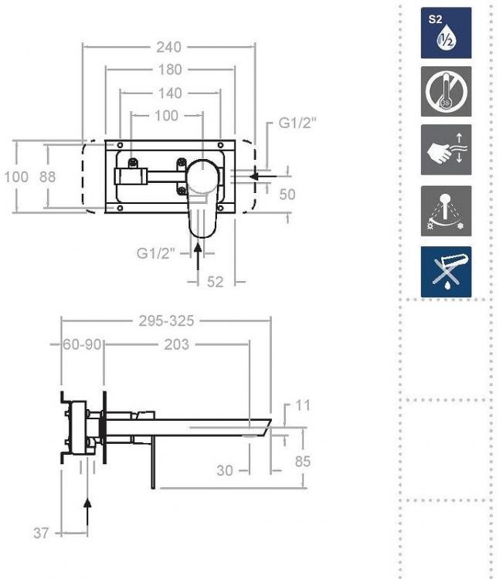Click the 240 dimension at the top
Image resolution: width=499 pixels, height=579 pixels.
pyautogui.click(x=168, y=46)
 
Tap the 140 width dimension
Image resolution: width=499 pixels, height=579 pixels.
pyautogui.click(x=169, y=93)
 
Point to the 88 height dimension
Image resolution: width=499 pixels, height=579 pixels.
pyautogui.click(x=48, y=177)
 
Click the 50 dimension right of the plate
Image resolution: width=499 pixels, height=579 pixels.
pyautogui.click(x=287, y=194)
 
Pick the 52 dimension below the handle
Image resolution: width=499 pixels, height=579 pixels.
pyautogui.click(x=215, y=283)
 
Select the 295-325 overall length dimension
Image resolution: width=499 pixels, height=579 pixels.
pyautogui.click(x=166, y=321)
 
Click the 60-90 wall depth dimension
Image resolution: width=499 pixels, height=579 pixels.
pyautogui.click(x=82, y=344)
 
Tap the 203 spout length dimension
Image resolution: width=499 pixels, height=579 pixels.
pyautogui.click(x=176, y=344)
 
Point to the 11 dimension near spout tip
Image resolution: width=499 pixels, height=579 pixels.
pyautogui.click(x=302, y=405)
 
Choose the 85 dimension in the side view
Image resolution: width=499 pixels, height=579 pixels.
pyautogui.click(x=302, y=462)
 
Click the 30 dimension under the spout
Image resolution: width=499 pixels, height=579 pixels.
pyautogui.click(x=225, y=469)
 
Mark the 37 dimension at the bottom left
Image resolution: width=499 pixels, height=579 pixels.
pyautogui.click(x=42, y=533)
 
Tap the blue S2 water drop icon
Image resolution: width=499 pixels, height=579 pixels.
pyautogui.click(x=446, y=32)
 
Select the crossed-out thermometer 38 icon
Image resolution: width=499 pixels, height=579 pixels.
pyautogui.click(x=446, y=91)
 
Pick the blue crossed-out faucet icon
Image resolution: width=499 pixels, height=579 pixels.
pyautogui.click(x=446, y=272)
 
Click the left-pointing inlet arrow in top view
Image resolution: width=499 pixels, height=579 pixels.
pyautogui.click(x=263, y=177)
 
